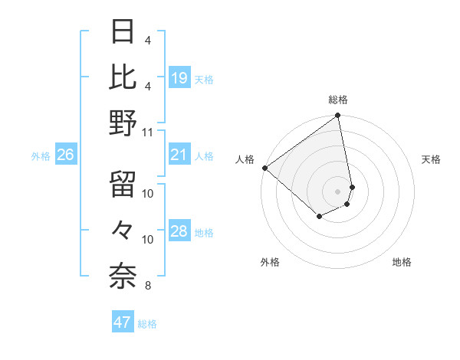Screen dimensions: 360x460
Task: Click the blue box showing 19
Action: point(179,77)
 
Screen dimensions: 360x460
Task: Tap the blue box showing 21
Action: point(179,155)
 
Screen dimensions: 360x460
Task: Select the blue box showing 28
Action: point(179,232)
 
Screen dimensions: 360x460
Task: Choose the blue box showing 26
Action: point(65,155)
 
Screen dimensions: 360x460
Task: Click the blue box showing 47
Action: point(123,322)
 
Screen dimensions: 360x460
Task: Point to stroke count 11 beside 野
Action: point(148,132)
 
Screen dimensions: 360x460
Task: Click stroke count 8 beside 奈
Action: point(147,286)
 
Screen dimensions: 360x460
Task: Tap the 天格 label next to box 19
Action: point(204,79)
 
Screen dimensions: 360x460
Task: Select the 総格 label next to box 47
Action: point(147,324)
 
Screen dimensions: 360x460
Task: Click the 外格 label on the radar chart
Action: point(270,262)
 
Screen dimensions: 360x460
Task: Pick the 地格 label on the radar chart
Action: point(402,262)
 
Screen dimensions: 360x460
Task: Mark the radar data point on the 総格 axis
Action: point(337,116)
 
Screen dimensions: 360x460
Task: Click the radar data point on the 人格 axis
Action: point(264,168)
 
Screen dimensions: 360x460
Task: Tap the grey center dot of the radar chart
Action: point(337,191)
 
